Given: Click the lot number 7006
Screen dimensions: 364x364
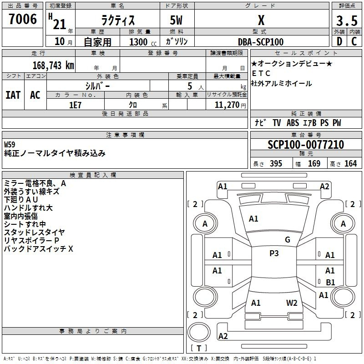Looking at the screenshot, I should click(x=23, y=20).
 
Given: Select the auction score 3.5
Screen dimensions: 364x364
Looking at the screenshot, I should click(x=346, y=20).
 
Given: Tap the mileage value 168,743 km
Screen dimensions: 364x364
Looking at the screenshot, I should click(x=53, y=65).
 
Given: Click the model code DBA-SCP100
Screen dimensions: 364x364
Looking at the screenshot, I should click(x=261, y=42).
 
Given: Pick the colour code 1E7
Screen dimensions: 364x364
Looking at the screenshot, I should click(x=75, y=105).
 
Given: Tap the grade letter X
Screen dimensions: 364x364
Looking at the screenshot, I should click(x=261, y=20).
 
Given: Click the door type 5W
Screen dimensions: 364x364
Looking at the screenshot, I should click(x=177, y=20).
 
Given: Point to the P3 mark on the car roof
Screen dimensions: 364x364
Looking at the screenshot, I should click(x=274, y=253).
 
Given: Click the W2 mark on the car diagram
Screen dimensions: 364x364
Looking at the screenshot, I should click(x=292, y=303).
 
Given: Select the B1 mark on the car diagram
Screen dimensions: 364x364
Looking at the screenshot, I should click(x=330, y=282).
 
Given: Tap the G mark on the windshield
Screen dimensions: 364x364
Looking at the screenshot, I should click(x=288, y=240).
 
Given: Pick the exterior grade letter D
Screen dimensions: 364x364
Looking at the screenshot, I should click(x=339, y=42).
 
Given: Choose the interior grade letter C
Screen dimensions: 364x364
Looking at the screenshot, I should click(x=354, y=42).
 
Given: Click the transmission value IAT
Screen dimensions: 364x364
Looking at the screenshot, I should click(x=13, y=95).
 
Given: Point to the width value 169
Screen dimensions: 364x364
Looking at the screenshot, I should click(x=314, y=164).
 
